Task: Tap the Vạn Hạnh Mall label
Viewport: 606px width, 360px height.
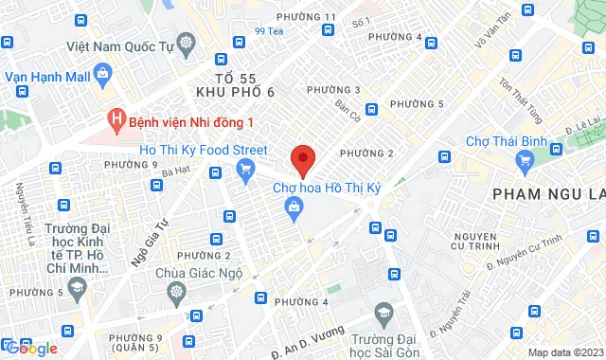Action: (47, 73)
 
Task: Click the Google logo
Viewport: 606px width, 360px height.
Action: (30, 349)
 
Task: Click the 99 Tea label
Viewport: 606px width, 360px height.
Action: (270, 32)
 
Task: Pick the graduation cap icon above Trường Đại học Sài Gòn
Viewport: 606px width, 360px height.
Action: (383, 314)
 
